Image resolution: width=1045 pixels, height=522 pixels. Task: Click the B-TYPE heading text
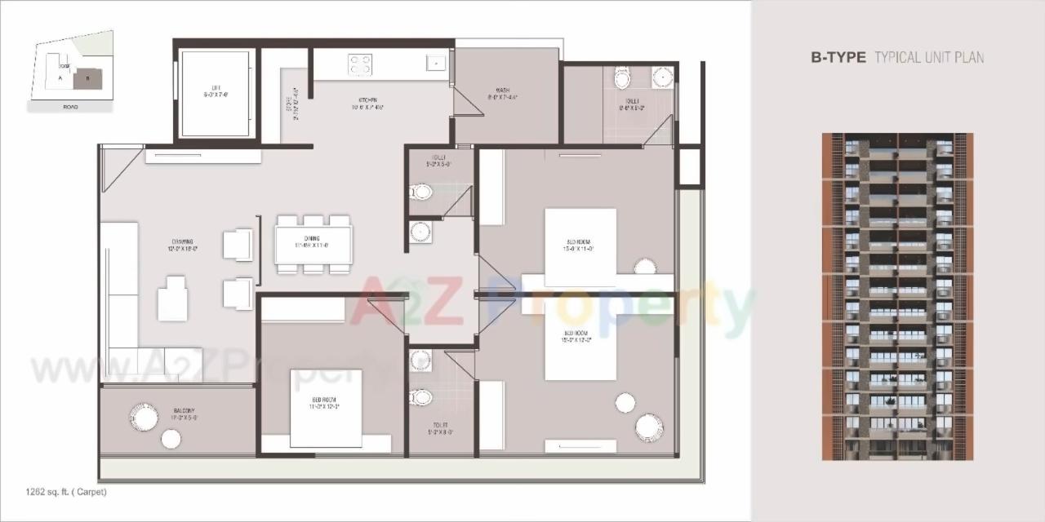click(x=838, y=57)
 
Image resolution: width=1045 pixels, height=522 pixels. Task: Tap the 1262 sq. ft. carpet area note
click(x=66, y=492)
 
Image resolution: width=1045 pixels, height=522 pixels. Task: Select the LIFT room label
click(x=216, y=91)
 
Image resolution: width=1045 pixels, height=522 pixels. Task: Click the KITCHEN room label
click(x=369, y=104)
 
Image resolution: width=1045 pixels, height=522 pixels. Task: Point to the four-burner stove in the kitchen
click(x=360, y=64)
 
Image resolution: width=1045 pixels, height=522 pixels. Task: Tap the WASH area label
click(x=503, y=94)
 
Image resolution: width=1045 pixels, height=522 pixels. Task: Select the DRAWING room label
click(x=183, y=244)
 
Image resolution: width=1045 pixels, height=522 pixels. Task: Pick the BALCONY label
click(x=183, y=414)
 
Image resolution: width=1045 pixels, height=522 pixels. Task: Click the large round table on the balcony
click(x=144, y=417)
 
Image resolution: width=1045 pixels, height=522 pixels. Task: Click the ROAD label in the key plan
click(x=70, y=107)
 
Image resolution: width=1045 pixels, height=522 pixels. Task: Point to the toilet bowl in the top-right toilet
click(x=623, y=80)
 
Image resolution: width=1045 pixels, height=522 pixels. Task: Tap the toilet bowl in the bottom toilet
click(x=421, y=397)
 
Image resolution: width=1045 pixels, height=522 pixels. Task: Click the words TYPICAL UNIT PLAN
click(x=929, y=57)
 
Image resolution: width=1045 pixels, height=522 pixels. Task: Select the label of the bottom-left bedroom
click(x=324, y=404)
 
